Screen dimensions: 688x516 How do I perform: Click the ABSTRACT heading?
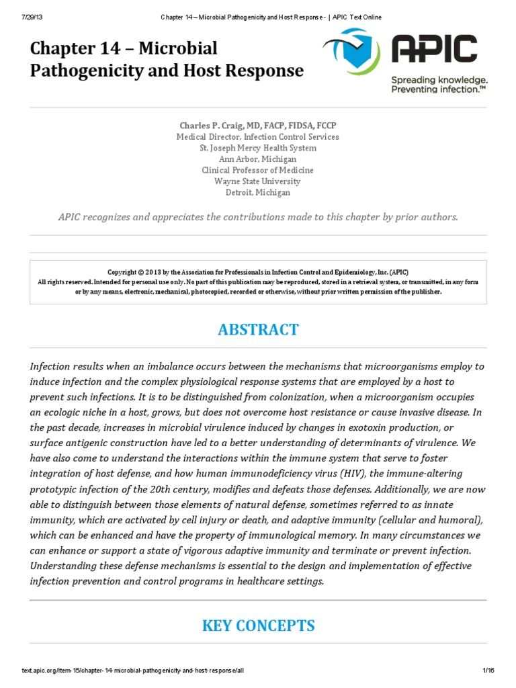[258, 330]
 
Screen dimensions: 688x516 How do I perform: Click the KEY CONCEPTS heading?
[258, 626]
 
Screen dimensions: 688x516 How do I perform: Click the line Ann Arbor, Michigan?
[258, 159]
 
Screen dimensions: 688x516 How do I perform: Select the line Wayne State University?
[258, 181]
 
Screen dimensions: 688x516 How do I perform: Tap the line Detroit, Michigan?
[258, 193]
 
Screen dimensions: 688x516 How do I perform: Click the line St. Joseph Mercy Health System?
[258, 148]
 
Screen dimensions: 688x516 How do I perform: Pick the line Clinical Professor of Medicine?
[258, 170]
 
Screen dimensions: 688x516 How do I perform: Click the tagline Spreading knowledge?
[439, 80]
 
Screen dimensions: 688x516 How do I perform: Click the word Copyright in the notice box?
[124, 273]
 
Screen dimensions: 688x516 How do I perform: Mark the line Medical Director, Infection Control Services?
[258, 137]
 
